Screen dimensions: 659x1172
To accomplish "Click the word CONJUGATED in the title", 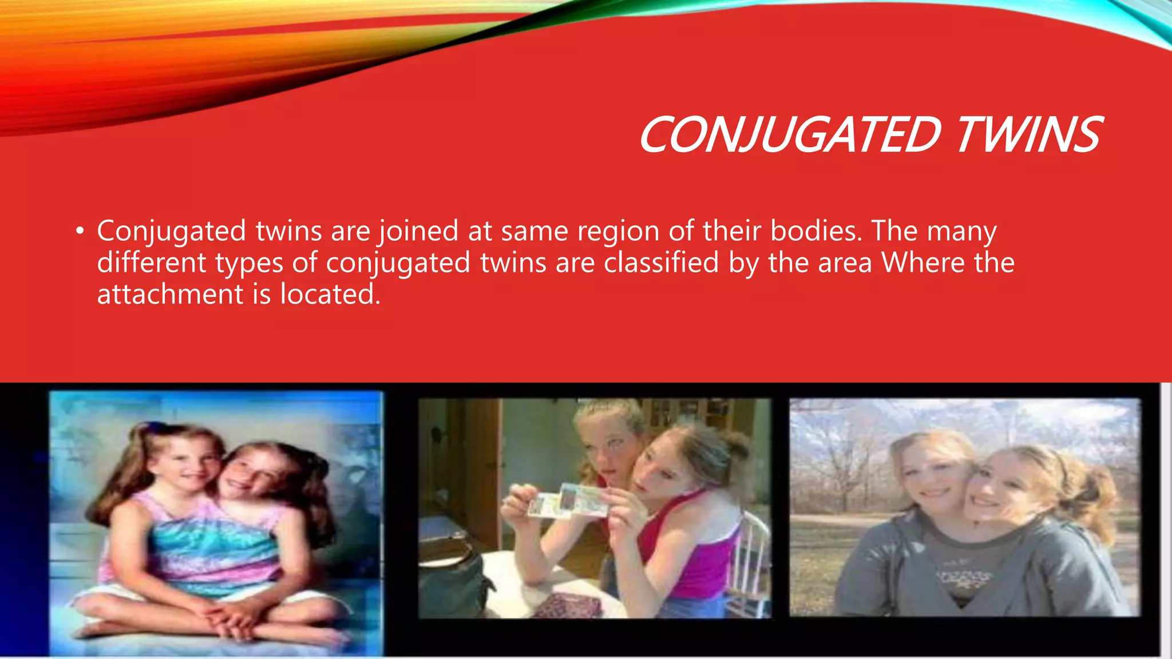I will click(x=790, y=135).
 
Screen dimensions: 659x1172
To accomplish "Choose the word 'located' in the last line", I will click(x=330, y=294).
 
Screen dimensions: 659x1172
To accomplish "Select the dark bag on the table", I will click(x=455, y=583).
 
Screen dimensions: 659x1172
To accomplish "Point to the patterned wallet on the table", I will click(x=567, y=605).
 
